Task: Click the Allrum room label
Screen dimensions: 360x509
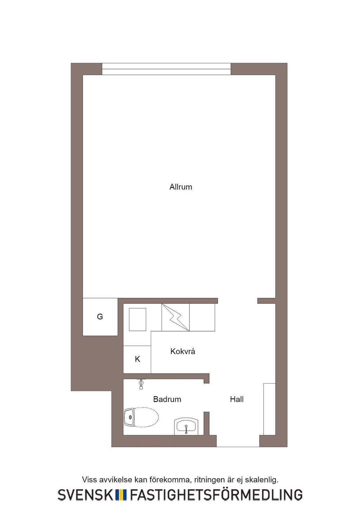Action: point(181,187)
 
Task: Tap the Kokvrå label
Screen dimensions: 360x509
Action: point(182,351)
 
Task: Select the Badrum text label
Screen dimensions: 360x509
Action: point(167,399)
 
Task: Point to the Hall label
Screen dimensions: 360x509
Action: point(237,399)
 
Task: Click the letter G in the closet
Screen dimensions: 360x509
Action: point(100,316)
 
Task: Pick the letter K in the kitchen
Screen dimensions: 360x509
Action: point(137,359)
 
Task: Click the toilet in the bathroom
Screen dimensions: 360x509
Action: point(141,417)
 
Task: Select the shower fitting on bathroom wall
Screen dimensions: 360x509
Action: point(141,384)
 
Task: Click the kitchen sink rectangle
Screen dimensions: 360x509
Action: point(137,320)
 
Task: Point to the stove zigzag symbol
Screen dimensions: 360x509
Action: point(175,317)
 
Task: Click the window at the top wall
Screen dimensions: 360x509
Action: point(166,69)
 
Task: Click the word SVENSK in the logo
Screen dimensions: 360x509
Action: point(85,495)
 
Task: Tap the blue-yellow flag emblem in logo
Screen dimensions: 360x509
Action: point(121,495)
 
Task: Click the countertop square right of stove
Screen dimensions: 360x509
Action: point(202,317)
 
